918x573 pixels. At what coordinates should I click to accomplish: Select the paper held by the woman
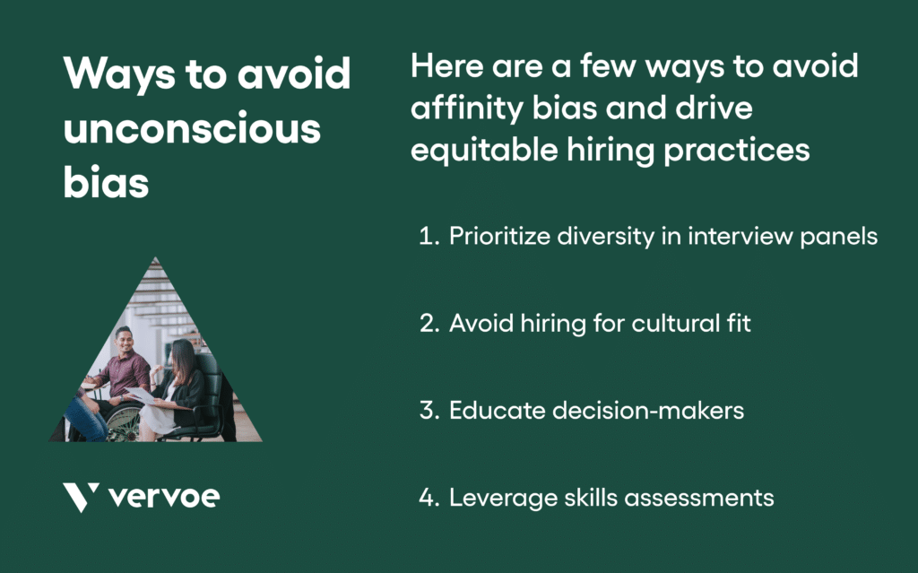pyautogui.click(x=143, y=395)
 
